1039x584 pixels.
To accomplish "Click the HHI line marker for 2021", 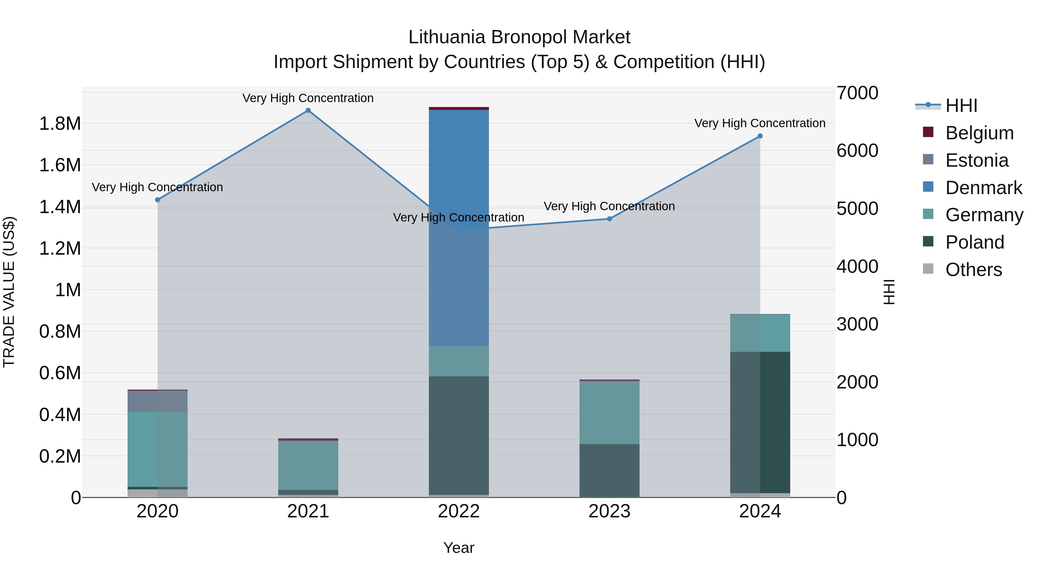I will (x=308, y=110).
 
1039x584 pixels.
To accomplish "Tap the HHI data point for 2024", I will (x=760, y=136).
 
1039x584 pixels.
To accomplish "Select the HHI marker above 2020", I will (x=158, y=200).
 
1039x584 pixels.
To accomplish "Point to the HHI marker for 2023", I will (x=610, y=219).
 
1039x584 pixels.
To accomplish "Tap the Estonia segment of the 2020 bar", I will (x=158, y=401).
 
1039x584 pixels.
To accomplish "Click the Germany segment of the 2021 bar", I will (x=308, y=465).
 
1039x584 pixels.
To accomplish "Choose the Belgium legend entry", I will (x=979, y=133).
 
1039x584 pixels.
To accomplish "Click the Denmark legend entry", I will (x=983, y=188).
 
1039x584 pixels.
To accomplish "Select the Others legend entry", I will (x=973, y=270).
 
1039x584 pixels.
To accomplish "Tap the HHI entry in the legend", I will (x=961, y=106).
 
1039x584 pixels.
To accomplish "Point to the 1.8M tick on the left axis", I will (x=60, y=124).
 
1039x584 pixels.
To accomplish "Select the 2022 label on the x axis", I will (x=459, y=511).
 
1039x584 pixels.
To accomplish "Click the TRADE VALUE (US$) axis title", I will (x=9, y=292).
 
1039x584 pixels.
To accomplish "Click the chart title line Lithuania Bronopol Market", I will (x=519, y=37).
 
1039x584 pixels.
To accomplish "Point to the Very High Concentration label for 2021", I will (x=308, y=98).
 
